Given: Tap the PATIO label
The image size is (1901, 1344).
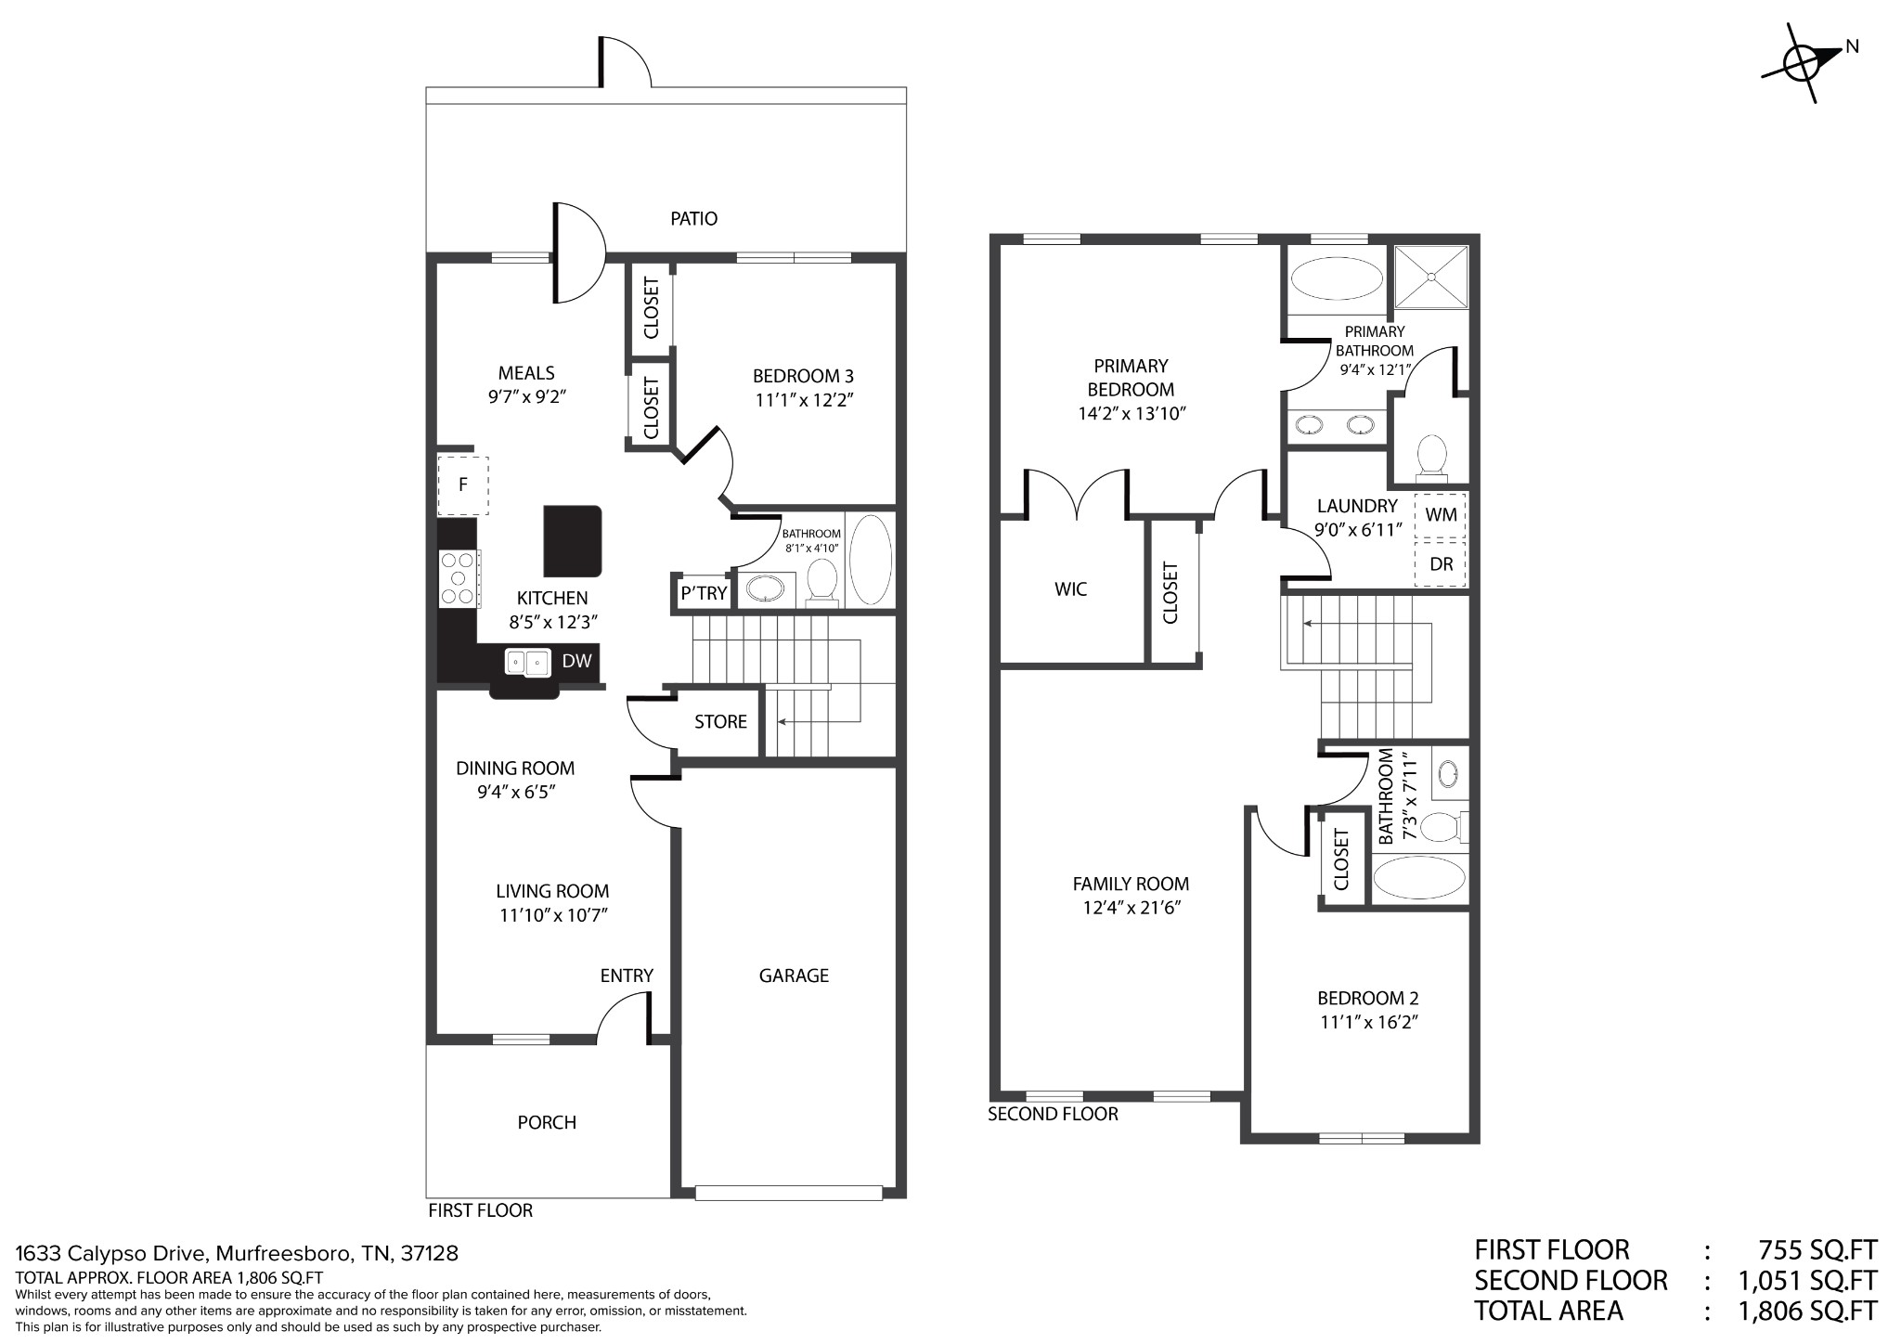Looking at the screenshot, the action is [693, 219].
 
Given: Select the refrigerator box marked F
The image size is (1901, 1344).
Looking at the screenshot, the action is [463, 485].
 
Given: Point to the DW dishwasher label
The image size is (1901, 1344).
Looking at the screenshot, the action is [576, 661].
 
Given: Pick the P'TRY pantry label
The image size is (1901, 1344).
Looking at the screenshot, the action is [704, 593].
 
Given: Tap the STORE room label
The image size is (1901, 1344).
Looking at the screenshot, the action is [720, 722].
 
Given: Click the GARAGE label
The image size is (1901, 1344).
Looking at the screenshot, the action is [794, 976].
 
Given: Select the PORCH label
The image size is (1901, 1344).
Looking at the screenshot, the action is [547, 1123].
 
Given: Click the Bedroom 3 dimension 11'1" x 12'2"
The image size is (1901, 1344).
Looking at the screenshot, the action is [803, 401].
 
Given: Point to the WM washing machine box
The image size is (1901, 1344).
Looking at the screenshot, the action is [1441, 513].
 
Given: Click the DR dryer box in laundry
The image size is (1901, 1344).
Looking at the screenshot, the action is [1441, 563].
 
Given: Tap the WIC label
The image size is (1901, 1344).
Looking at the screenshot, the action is [1070, 589].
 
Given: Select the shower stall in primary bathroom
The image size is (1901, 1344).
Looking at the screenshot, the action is [1431, 276].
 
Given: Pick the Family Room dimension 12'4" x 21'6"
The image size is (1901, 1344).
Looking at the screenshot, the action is [1131, 908].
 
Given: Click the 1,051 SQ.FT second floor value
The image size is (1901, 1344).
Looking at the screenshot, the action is [1807, 1281].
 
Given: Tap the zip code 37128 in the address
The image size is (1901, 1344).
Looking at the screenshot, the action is [430, 1254].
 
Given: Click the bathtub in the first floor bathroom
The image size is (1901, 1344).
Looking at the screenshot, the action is [871, 560].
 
